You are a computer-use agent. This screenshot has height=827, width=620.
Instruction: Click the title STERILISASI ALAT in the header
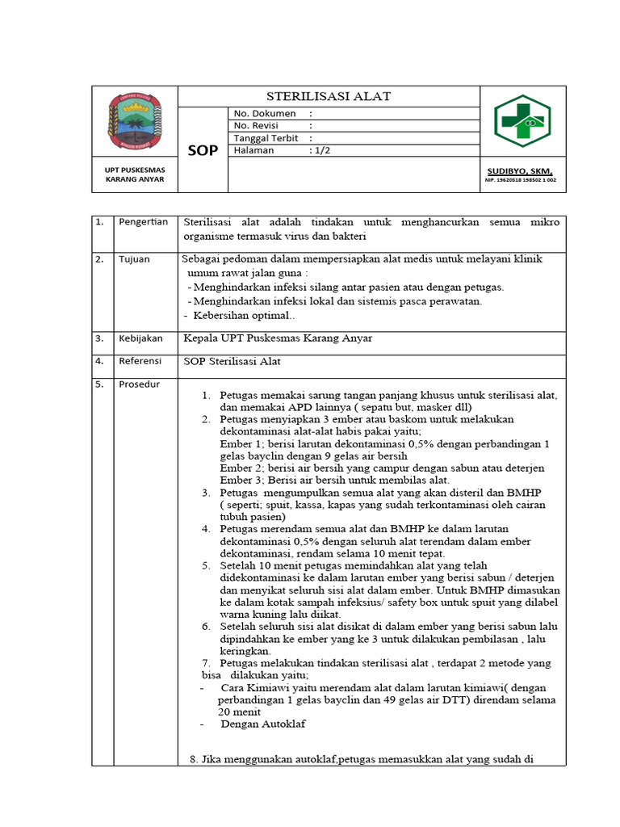[x=329, y=96]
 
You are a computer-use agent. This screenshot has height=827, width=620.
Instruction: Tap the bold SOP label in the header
[x=203, y=150]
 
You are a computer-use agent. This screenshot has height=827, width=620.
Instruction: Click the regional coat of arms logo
[x=135, y=121]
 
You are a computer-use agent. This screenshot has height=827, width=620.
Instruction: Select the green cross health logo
[x=523, y=121]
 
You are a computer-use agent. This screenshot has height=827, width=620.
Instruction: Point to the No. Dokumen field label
[x=265, y=114]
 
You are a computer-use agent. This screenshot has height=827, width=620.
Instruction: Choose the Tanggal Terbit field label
[x=266, y=138]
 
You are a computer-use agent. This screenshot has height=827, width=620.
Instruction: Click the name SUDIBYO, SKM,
[x=520, y=171]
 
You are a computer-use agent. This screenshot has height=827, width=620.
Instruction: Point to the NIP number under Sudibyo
[x=520, y=181]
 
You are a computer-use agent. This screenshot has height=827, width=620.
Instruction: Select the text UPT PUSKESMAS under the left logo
[x=135, y=170]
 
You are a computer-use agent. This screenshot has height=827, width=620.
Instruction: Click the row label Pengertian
[x=143, y=222]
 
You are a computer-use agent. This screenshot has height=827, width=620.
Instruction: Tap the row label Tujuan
[x=134, y=260]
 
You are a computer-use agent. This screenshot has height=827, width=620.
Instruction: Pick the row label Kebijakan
[x=140, y=338]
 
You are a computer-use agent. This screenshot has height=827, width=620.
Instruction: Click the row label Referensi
[x=140, y=361]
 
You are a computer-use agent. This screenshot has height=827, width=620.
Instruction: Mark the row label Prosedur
[x=139, y=384]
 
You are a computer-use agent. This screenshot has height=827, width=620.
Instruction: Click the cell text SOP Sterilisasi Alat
[x=232, y=361]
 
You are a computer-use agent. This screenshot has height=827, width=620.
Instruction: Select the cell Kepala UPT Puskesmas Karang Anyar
[x=278, y=338]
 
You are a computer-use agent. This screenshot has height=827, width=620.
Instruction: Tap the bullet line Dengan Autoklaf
[x=263, y=724]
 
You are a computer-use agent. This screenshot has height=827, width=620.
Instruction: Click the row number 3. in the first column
[x=99, y=338]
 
